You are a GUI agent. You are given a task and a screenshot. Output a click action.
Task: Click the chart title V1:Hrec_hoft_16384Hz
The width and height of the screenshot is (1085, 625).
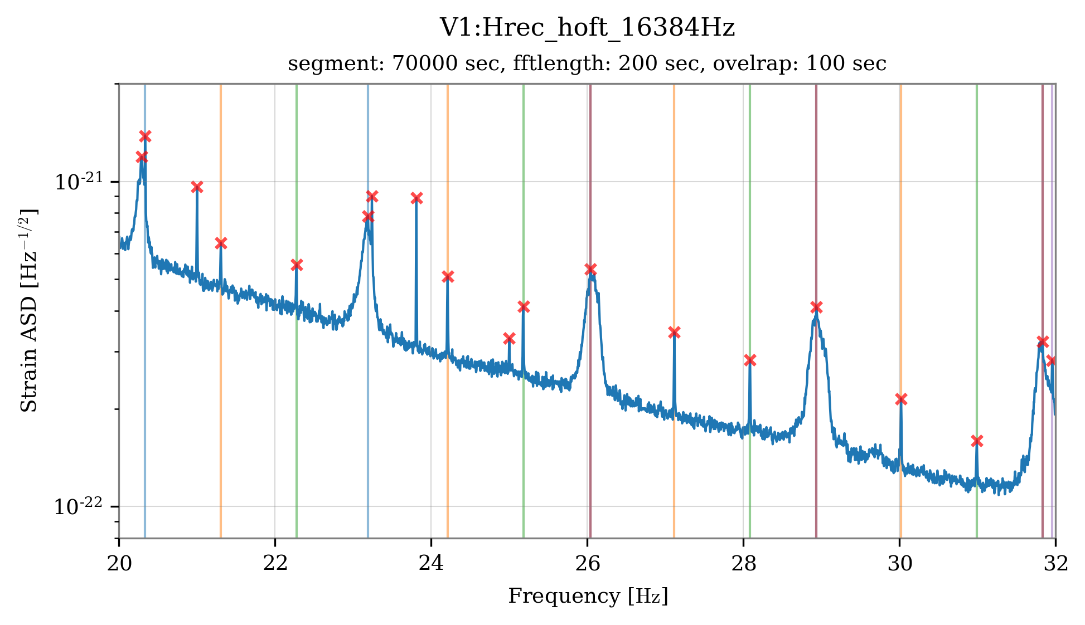point(587,28)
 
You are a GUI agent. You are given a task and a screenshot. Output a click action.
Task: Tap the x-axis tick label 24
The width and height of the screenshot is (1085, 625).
point(431,564)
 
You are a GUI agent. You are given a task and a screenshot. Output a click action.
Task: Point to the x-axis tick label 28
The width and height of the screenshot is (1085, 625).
point(743,564)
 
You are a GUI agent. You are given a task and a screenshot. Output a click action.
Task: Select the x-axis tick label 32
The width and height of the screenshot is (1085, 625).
point(1055,564)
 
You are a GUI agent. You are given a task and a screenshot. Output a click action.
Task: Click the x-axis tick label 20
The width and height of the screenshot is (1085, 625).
point(119,564)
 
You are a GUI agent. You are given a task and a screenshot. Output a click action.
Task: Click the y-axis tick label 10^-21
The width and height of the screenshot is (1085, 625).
point(78,182)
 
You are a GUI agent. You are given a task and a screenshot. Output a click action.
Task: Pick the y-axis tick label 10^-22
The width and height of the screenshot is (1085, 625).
point(78,506)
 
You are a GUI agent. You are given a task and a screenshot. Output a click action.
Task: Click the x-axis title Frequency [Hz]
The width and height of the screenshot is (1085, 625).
point(587,596)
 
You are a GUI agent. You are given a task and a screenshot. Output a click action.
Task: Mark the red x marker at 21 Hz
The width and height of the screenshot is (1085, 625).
point(197,187)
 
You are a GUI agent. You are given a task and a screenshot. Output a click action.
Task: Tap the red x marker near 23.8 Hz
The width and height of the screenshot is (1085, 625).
point(416,198)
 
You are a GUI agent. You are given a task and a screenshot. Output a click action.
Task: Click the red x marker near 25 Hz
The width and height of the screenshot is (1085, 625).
point(509,338)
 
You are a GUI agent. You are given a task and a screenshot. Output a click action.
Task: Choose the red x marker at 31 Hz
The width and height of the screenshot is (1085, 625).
point(976,441)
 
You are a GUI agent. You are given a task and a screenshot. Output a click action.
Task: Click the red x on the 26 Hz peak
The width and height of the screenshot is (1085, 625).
point(590,269)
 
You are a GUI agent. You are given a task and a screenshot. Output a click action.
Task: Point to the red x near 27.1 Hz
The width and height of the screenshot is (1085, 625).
point(674,332)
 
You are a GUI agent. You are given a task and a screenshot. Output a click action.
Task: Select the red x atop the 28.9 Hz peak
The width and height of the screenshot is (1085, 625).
point(816,307)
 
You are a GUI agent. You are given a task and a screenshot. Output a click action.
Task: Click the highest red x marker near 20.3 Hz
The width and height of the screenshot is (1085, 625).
point(145,136)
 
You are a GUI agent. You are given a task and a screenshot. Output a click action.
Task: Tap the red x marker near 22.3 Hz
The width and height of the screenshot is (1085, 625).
point(297,265)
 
